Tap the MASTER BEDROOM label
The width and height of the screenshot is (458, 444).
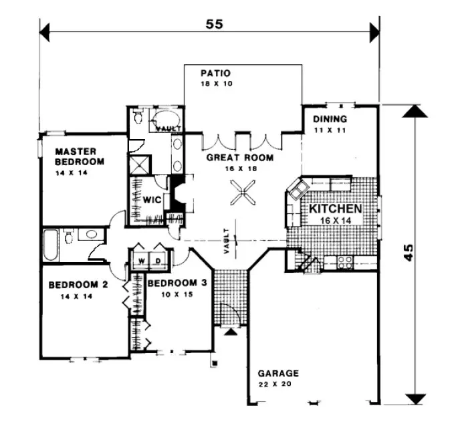(x=79, y=156)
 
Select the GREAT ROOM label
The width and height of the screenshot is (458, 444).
(x=239, y=158)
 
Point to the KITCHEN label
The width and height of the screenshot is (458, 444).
(x=335, y=209)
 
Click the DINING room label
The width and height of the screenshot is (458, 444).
(x=330, y=120)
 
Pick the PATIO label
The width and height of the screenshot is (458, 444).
(x=215, y=73)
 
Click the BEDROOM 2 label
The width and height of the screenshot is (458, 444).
(x=78, y=284)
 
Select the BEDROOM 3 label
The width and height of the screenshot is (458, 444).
(x=173, y=283)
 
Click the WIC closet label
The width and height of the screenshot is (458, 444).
(x=149, y=199)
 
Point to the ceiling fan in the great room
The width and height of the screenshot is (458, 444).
(x=242, y=196)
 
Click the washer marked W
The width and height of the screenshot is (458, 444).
(x=141, y=259)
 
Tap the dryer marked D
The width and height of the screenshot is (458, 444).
(x=159, y=259)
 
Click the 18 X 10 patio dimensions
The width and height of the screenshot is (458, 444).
(x=215, y=84)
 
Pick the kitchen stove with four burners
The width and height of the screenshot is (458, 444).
(x=344, y=262)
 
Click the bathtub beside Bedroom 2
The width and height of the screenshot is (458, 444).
(x=50, y=245)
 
